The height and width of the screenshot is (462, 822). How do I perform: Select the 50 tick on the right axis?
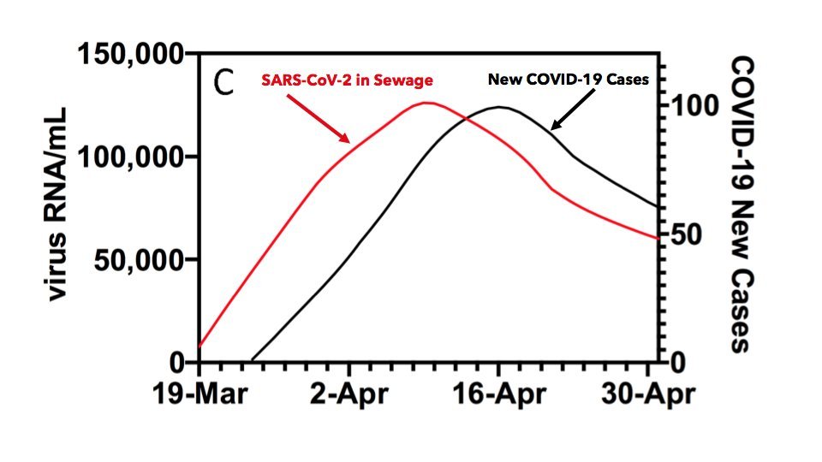pyautogui.click(x=685, y=234)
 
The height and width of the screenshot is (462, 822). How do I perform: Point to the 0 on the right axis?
pyautogui.click(x=676, y=362)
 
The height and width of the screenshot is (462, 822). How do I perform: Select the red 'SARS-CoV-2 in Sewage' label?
pyautogui.click(x=347, y=80)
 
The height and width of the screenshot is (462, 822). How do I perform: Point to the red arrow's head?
pyautogui.click(x=347, y=141)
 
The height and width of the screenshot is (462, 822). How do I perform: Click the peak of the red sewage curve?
pyautogui.click(x=426, y=103)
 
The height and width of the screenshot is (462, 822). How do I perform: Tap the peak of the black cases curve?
pyautogui.click(x=500, y=107)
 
